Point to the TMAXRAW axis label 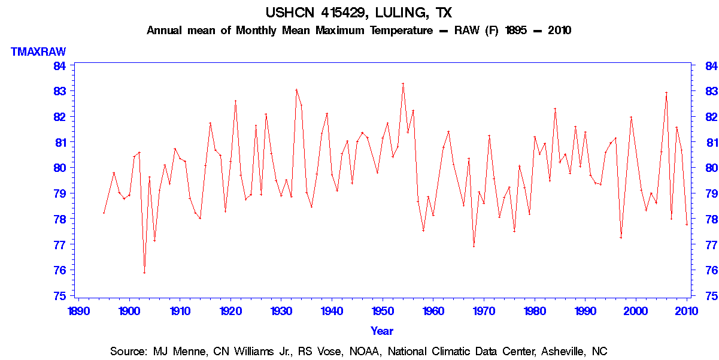pyautogui.click(x=38, y=52)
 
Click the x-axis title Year pyautogui.click(x=382, y=331)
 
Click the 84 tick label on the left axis pyautogui.click(x=60, y=65)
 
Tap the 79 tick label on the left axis pyautogui.click(x=60, y=193)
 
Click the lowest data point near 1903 pyautogui.click(x=144, y=273)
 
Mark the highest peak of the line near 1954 pyautogui.click(x=403, y=84)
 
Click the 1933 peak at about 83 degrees pyautogui.click(x=296, y=90)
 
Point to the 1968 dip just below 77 pyautogui.click(x=474, y=246)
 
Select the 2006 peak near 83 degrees pyautogui.click(x=666, y=93)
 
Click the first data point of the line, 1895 pyautogui.click(x=104, y=213)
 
